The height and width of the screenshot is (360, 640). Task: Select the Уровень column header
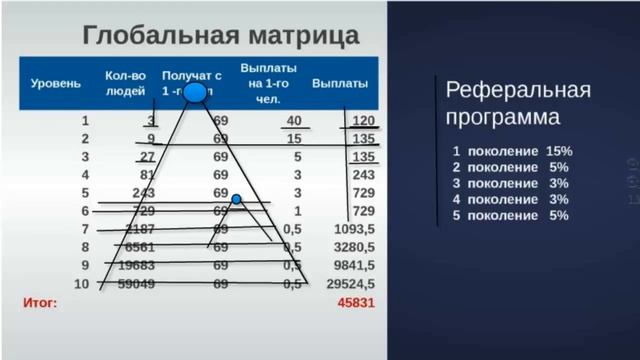[56, 84]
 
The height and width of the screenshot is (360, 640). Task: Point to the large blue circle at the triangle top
[196, 94]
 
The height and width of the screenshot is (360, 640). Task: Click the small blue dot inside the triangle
[237, 200]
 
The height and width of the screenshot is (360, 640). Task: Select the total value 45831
[356, 302]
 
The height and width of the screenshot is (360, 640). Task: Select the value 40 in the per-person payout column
[293, 121]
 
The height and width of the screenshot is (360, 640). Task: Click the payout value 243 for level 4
[363, 175]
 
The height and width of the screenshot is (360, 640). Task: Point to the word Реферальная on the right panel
[518, 91]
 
